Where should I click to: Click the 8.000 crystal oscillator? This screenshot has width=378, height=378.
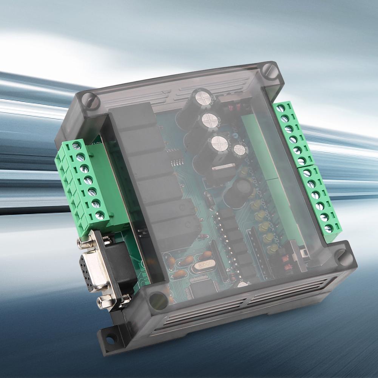(202, 267)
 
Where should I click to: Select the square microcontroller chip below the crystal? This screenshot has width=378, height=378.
(199, 287)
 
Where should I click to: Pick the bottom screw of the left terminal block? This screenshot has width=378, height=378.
(99, 216)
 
